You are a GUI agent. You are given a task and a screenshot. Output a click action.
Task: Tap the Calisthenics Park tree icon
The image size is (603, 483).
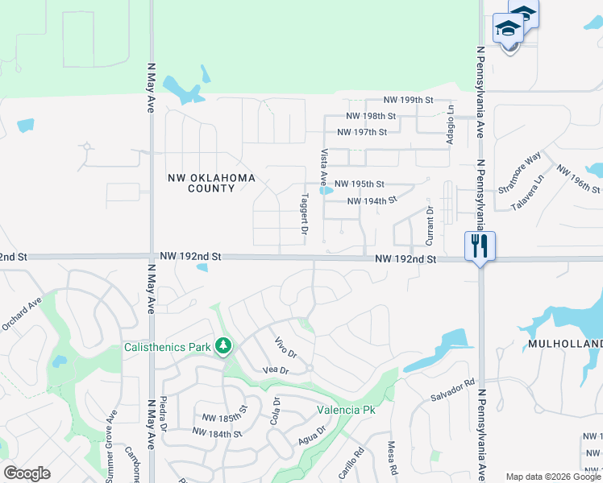223,347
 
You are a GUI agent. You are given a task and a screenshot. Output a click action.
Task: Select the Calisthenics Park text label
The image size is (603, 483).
167,347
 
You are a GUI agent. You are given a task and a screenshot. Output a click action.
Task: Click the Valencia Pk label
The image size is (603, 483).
347,409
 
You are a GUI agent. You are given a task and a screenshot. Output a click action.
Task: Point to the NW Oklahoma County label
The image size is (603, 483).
211,183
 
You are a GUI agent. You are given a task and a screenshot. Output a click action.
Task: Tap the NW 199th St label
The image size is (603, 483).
409,100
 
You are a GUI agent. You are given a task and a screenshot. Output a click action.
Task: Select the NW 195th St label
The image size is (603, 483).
359,184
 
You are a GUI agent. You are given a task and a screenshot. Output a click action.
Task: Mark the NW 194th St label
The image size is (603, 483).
372,200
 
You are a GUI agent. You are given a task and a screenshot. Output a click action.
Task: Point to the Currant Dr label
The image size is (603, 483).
430,225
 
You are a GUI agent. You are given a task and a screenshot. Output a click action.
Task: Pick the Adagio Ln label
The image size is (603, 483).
451,128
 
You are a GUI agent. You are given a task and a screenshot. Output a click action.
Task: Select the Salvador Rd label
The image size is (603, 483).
453,391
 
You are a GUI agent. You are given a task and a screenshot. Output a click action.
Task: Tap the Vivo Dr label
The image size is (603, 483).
286,347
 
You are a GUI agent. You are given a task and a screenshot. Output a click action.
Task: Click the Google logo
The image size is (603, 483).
27,473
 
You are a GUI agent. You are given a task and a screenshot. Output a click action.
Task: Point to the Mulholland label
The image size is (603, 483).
565,344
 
